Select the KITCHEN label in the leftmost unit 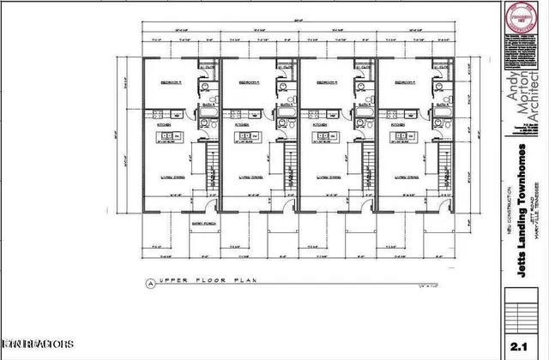164,124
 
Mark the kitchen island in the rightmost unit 403,136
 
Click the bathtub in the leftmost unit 207,115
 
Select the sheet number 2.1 517,346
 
